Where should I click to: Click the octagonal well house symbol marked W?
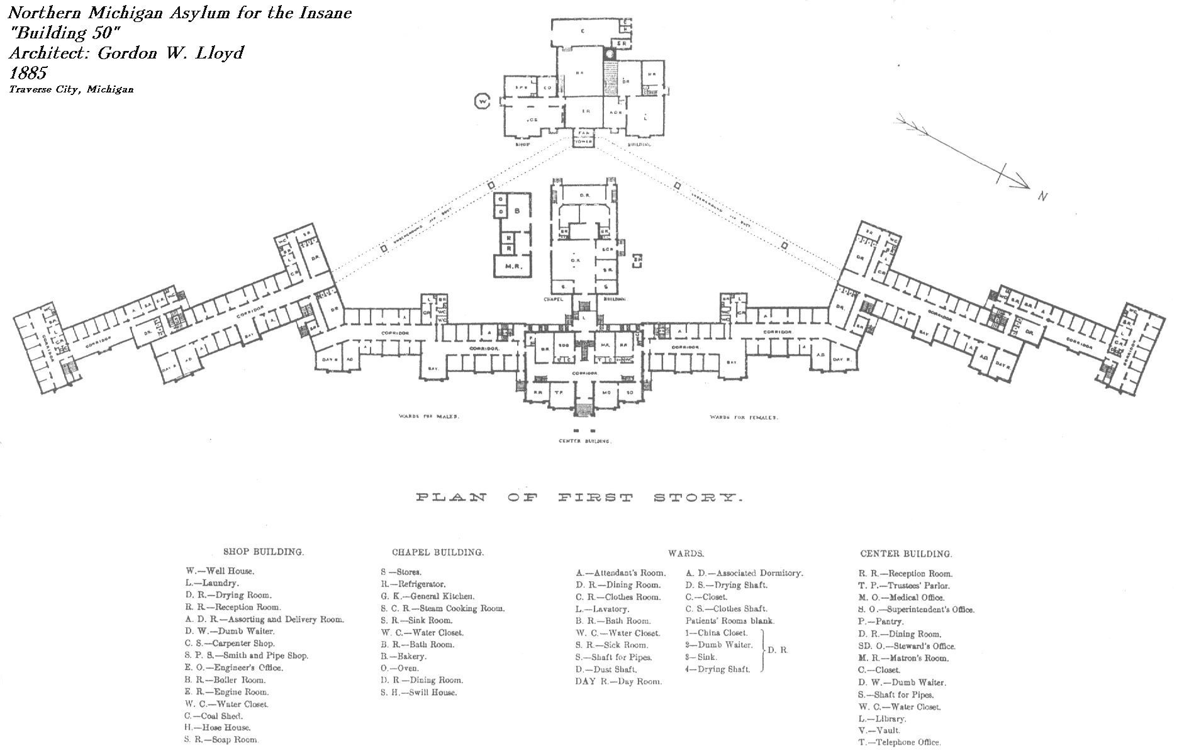[482, 101]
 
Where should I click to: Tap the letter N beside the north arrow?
[1042, 197]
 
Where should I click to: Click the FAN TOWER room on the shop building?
[583, 137]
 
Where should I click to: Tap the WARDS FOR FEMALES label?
[744, 417]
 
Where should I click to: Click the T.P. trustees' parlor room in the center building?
[559, 392]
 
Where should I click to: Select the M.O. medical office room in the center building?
[607, 392]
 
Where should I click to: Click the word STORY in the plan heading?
[698, 498]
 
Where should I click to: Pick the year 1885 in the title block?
[28, 72]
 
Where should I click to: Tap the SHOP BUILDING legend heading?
[264, 552]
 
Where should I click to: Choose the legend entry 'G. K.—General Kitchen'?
[427, 596]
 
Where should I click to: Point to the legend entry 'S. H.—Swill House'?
[418, 693]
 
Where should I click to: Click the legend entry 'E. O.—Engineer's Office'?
[233, 667]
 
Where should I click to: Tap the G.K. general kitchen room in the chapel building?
[574, 259]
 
